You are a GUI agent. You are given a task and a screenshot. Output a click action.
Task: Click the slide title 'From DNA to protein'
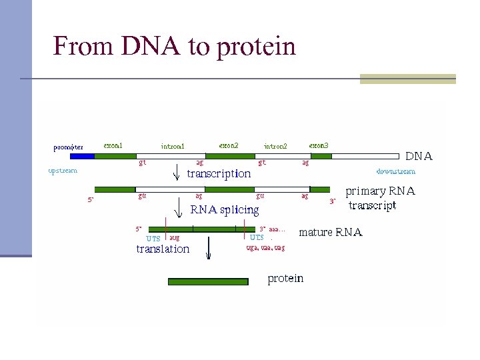[174, 46]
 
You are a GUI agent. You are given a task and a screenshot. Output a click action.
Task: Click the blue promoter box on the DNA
[82, 156]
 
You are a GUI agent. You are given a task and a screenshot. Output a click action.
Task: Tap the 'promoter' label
[69, 147]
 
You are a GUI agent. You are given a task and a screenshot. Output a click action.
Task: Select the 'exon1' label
[113, 145]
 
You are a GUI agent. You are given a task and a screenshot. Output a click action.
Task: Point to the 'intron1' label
[173, 146]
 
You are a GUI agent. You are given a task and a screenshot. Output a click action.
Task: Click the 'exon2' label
[229, 145]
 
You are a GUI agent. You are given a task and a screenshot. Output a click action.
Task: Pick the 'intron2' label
[275, 146]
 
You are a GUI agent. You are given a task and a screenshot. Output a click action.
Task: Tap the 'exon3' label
[319, 145]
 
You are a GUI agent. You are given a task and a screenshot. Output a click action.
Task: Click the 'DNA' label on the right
[419, 157]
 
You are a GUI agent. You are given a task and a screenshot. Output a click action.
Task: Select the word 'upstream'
[63, 170]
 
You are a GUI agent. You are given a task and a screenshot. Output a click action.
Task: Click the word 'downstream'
[396, 171]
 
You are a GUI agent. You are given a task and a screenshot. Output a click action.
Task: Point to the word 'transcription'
[219, 174]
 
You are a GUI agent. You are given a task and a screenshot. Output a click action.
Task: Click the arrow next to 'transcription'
[177, 174]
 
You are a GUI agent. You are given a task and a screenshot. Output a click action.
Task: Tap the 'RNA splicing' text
[225, 210]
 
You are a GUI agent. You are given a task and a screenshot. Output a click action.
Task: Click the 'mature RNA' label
[330, 233]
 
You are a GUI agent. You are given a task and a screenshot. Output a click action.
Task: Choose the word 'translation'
[163, 249]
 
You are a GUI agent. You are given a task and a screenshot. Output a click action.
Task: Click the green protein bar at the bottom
[208, 282]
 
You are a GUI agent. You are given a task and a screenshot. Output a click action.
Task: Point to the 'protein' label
[285, 278]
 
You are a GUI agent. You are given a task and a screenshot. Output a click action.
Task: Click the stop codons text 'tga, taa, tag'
[265, 248]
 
